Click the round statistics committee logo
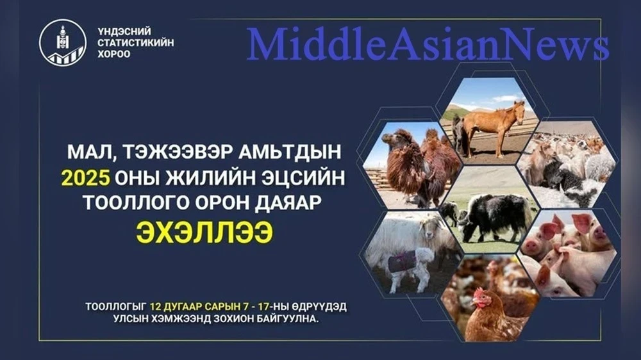[x=63, y=43]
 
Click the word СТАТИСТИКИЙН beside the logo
[x=135, y=42]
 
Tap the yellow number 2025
[x=86, y=178]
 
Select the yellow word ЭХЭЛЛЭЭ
[x=204, y=233]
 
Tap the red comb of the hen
[x=479, y=293]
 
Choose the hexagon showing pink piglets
[x=569, y=254]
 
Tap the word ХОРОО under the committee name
[x=113, y=54]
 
